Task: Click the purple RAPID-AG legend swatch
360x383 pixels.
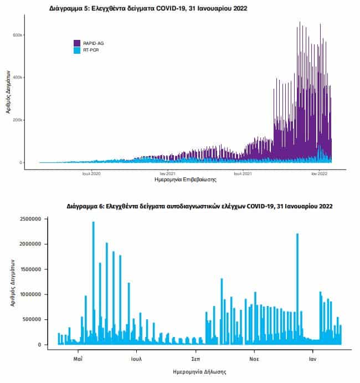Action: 77,43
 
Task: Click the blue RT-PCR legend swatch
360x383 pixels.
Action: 77,50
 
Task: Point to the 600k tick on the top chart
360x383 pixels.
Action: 18,35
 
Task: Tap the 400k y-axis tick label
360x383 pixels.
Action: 18,78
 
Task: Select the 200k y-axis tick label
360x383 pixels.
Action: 18,120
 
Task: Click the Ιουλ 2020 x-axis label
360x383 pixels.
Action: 91,173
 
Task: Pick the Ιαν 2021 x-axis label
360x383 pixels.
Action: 168,173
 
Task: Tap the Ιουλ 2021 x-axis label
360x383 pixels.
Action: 243,173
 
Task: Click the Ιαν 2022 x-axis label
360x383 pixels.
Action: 319,173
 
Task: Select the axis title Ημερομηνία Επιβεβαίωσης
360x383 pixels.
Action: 186,180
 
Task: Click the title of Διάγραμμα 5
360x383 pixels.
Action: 148,8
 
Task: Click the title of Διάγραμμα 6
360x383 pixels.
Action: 199,206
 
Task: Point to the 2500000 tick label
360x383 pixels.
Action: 30,219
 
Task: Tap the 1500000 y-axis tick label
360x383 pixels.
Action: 30,269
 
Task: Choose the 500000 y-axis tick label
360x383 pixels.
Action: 32,319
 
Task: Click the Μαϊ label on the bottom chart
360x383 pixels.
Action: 78,359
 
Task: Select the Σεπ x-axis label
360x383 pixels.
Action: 196,359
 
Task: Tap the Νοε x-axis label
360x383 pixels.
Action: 254,359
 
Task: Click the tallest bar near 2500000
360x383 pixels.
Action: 94,283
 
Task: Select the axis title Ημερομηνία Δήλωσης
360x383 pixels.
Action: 199,372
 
